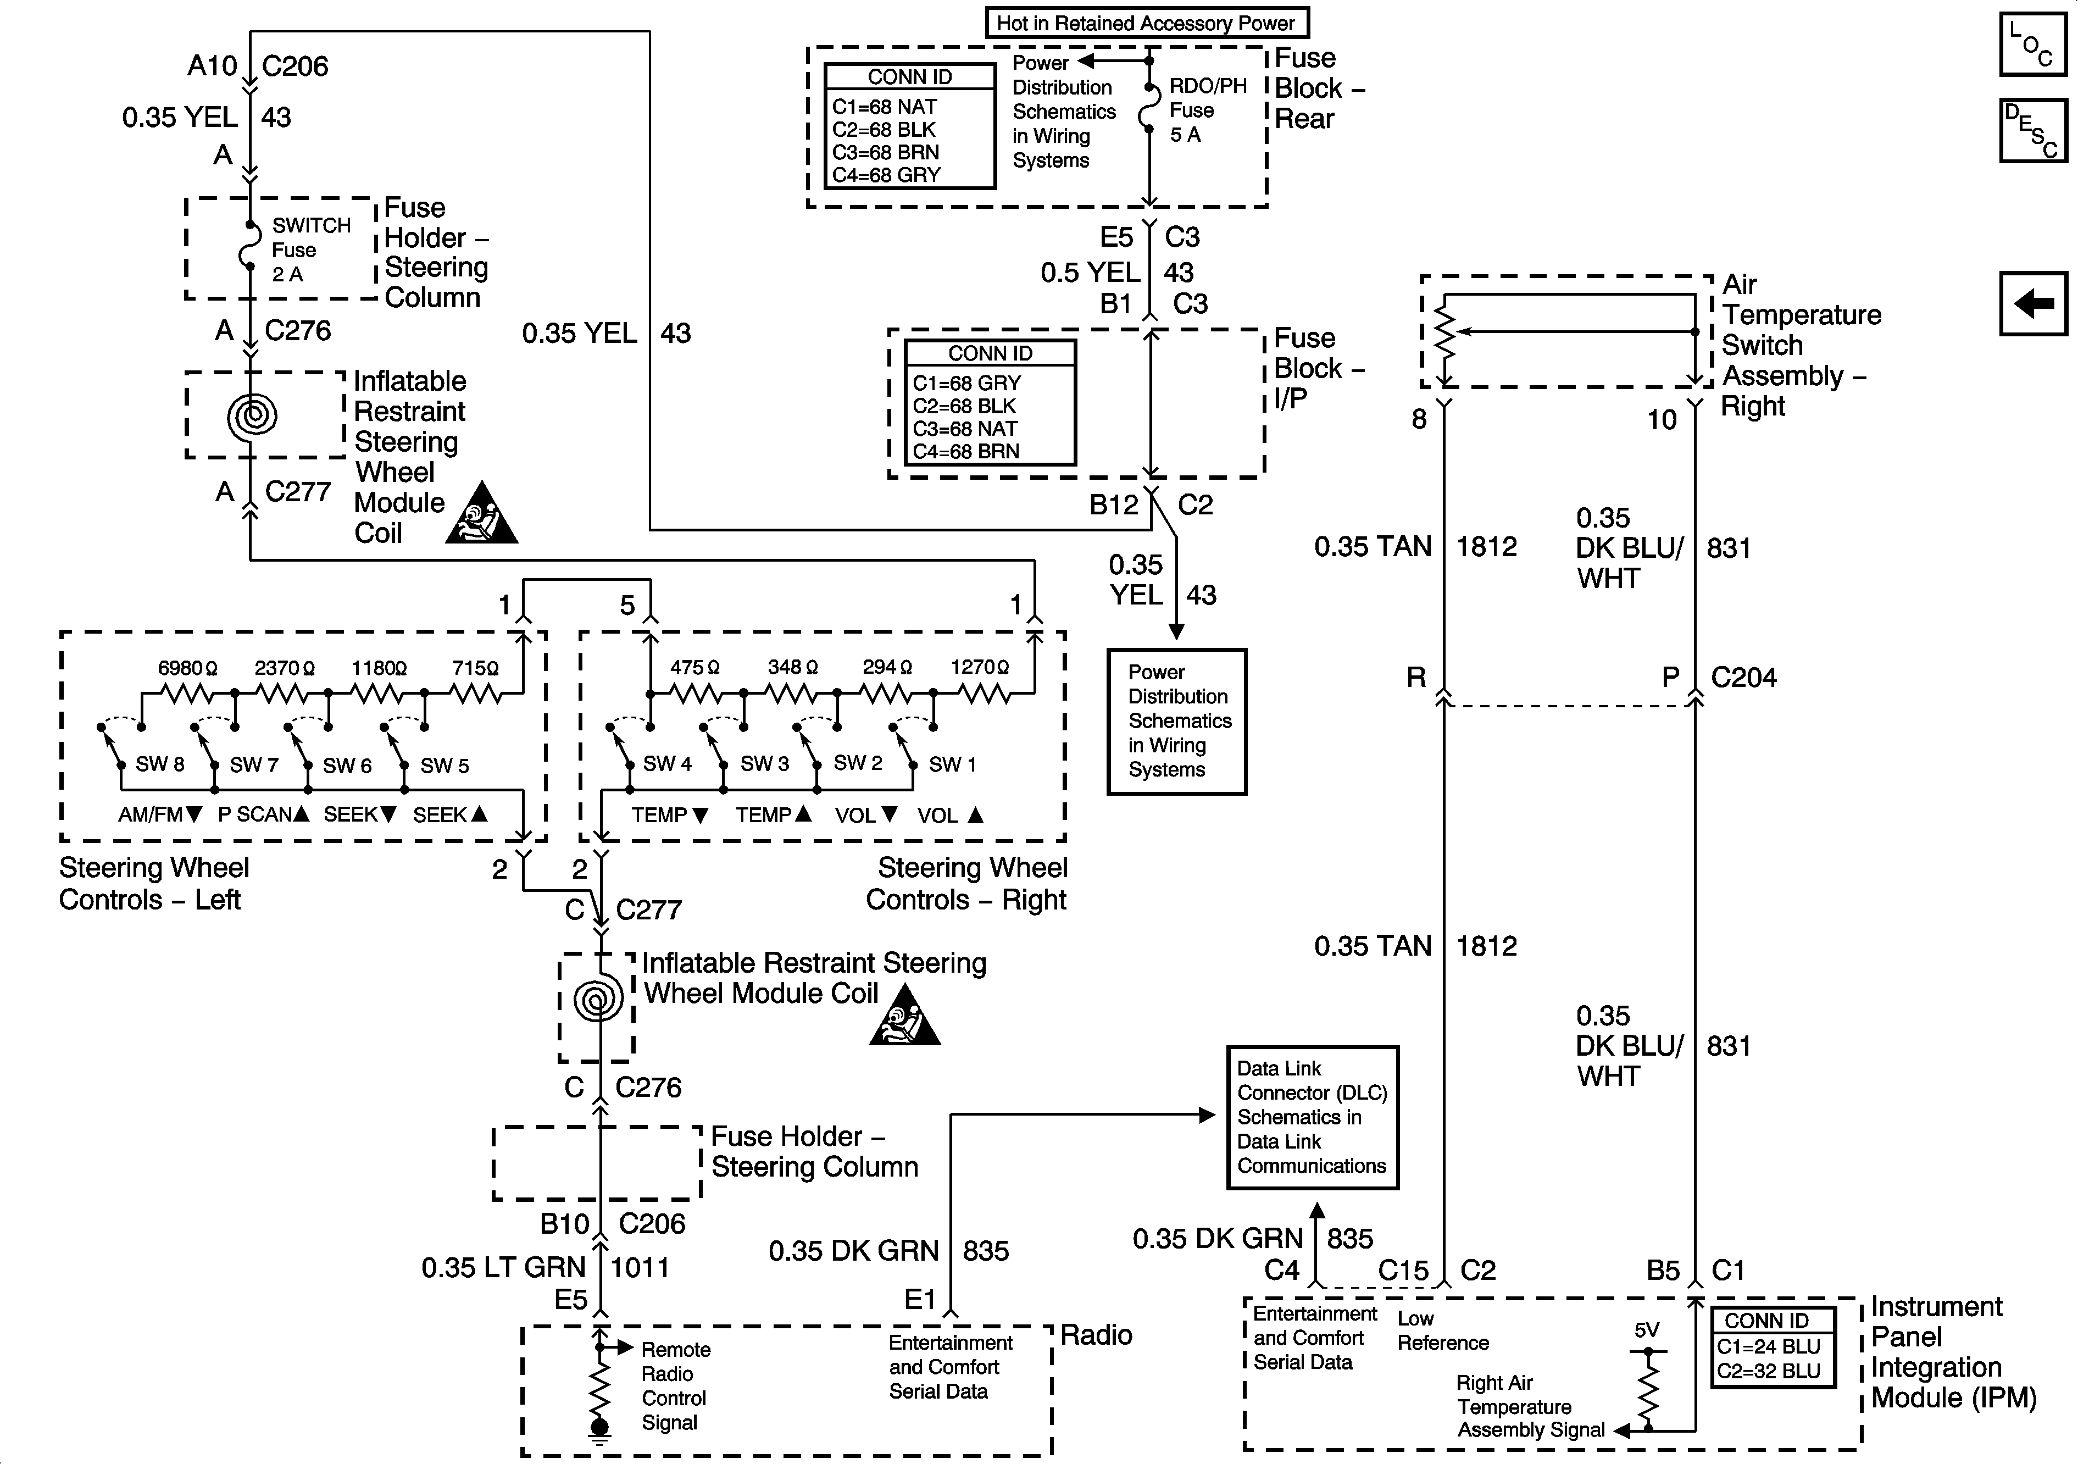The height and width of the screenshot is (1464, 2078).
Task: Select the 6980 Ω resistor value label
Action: point(187,668)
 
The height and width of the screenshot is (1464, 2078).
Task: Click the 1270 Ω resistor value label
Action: point(979,667)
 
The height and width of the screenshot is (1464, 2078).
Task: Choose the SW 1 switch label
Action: point(952,764)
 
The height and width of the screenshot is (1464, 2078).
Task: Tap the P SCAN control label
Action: point(263,814)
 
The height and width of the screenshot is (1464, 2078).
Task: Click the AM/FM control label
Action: point(159,814)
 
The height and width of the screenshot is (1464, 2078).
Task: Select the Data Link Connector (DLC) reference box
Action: point(1312,1117)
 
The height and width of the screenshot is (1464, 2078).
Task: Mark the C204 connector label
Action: point(1743,677)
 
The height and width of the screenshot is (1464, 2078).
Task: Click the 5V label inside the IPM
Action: point(1646,1330)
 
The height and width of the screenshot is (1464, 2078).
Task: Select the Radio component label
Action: point(1096,1334)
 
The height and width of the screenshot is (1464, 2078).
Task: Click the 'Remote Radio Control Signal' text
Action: point(675,1386)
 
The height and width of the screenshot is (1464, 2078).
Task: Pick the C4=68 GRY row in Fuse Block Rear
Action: point(886,175)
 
